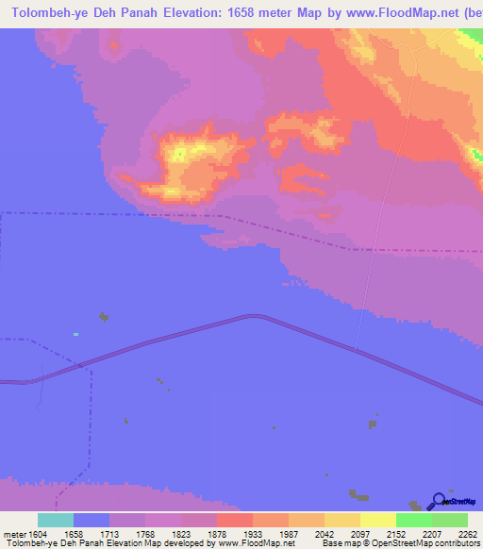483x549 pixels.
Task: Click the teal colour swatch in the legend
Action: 56,520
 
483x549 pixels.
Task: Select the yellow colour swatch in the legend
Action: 377,520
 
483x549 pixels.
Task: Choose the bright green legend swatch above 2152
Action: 413,520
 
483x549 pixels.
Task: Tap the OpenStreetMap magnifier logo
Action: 438,501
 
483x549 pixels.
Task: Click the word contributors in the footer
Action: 456,542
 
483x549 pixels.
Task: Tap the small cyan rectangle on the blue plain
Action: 75,333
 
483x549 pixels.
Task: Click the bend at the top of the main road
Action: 252,317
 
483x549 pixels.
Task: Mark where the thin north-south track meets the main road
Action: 357,350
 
